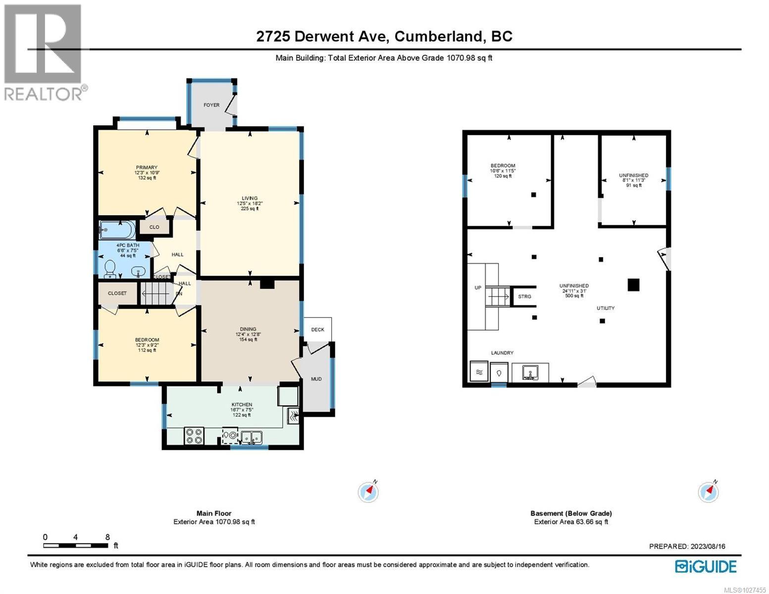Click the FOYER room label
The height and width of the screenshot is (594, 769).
pyautogui.click(x=211, y=105)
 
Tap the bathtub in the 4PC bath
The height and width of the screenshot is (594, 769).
pyautogui.click(x=117, y=230)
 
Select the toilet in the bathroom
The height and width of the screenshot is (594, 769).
pyautogui.click(x=110, y=268)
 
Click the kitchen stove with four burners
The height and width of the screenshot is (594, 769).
pyautogui.click(x=193, y=436)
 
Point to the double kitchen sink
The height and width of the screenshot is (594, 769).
pyautogui.click(x=252, y=437)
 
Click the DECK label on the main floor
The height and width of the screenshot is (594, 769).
pyautogui.click(x=317, y=330)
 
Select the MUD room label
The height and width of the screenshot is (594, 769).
pyautogui.click(x=316, y=379)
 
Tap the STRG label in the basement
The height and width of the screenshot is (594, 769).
pyautogui.click(x=524, y=297)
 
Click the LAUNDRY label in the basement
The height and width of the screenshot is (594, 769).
pyautogui.click(x=502, y=353)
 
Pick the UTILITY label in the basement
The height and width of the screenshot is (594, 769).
pyautogui.click(x=606, y=308)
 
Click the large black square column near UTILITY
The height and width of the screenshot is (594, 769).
pyautogui.click(x=633, y=285)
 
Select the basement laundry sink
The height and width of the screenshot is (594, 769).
pyautogui.click(x=530, y=372)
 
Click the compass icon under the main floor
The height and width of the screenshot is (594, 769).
pyautogui.click(x=368, y=492)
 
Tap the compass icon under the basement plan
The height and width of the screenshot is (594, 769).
pyautogui.click(x=708, y=492)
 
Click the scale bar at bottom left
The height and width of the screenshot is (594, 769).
pyautogui.click(x=76, y=545)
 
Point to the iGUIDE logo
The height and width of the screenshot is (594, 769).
pyautogui.click(x=706, y=566)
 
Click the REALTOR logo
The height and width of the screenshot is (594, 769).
pyautogui.click(x=44, y=52)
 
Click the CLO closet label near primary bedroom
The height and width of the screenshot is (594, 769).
pyautogui.click(x=154, y=227)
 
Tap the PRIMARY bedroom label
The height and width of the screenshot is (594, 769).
pyautogui.click(x=147, y=167)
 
